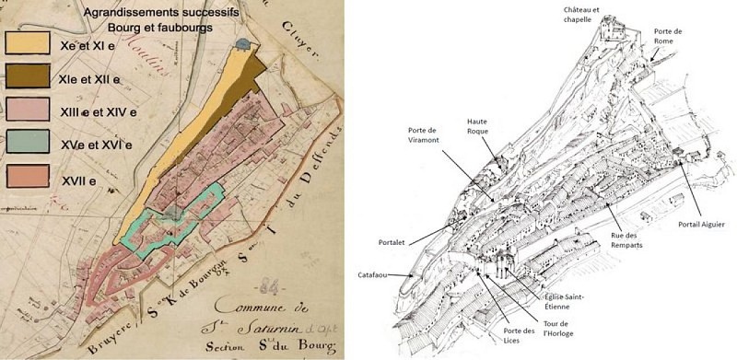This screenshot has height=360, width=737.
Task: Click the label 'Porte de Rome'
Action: [668, 35]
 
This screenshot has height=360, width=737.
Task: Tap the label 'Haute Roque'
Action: [478, 126]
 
